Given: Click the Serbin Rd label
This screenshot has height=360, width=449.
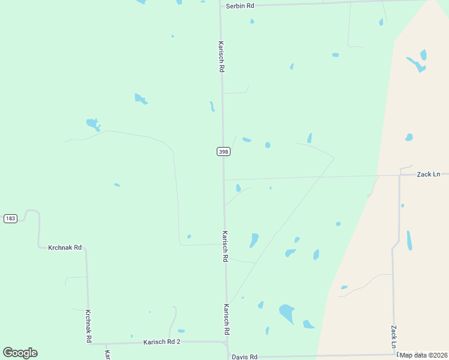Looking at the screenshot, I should (240, 5).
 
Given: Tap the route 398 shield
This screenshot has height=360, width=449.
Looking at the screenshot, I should (223, 152).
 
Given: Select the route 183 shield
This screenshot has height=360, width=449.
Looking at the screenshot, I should (10, 218).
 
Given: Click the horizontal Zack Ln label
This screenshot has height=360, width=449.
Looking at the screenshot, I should (429, 174).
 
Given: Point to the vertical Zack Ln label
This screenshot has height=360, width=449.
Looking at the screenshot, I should (394, 337).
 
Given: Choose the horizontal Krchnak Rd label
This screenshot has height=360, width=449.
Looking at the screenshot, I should (65, 247).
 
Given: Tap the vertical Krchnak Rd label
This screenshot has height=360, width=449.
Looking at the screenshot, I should (88, 326).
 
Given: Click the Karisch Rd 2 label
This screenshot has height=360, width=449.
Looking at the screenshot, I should (161, 342).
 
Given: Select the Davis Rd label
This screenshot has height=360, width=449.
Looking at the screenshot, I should (244, 356).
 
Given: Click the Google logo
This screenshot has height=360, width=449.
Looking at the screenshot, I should (20, 353).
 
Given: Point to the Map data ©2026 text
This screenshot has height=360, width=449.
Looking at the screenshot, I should (424, 355).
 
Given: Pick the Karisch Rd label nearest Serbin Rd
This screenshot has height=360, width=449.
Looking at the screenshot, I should (221, 57).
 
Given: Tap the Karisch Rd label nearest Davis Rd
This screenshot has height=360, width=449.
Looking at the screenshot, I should (227, 319).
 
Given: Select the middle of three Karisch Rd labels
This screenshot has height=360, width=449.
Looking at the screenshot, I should (225, 247).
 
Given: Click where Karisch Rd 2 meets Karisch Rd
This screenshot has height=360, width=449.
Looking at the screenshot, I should (226, 342).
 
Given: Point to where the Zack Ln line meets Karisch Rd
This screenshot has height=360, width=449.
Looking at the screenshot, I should (224, 179).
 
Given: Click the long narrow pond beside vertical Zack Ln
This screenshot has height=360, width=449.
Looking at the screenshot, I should (409, 240).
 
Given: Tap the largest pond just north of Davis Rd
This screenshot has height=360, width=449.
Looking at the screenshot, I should (287, 313).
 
